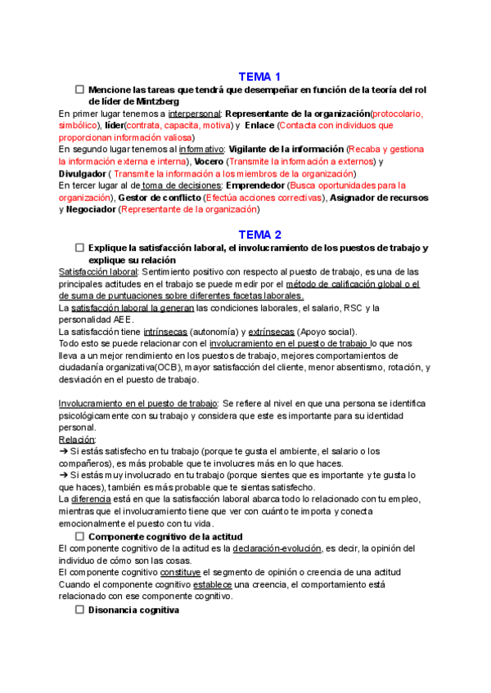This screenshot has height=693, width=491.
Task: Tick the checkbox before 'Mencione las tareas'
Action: pos(80,89)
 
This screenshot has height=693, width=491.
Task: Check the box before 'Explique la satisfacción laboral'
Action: pos(80,247)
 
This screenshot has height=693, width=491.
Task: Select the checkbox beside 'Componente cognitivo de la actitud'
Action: pos(80,535)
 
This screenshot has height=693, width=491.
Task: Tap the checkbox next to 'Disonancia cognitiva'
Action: pos(80,610)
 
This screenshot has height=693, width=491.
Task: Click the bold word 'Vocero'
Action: pos(209,162)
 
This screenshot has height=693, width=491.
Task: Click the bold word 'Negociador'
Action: pos(91,210)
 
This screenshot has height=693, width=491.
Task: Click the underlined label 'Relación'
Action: pos(78,439)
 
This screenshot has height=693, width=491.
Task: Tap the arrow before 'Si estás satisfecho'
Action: pos(65,451)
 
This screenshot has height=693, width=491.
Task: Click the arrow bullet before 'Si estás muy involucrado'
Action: pos(65,475)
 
